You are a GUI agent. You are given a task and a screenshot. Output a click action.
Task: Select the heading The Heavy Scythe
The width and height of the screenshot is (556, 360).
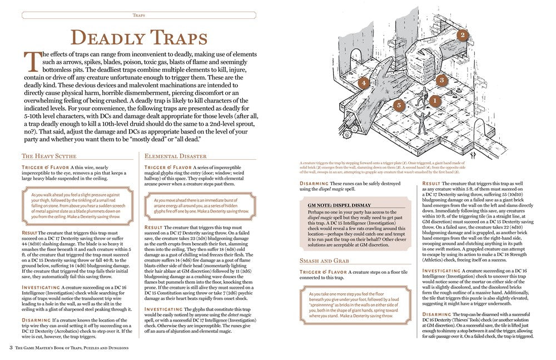coord(49,156)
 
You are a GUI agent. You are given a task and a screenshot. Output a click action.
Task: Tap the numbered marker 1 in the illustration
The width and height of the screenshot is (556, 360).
coord(434,100)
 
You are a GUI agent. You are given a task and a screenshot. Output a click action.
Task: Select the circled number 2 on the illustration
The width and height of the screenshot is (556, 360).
coord(461,35)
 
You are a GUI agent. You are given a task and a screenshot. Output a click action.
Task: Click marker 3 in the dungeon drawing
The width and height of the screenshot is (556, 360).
coord(441,80)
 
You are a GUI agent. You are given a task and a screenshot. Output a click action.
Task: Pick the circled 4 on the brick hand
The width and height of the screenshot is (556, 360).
coord(363,83)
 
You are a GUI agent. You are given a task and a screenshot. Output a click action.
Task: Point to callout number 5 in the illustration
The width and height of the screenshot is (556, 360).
coord(398,105)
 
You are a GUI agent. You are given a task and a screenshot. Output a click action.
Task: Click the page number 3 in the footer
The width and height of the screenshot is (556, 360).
coord(11,348)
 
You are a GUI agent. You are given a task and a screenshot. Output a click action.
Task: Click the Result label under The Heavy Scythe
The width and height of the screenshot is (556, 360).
coord(29,233)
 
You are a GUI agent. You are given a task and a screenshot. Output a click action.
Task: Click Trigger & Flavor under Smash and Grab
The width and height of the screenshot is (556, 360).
coord(323,272)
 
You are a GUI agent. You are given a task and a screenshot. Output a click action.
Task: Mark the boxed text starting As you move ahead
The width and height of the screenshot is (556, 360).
coord(201,205)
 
